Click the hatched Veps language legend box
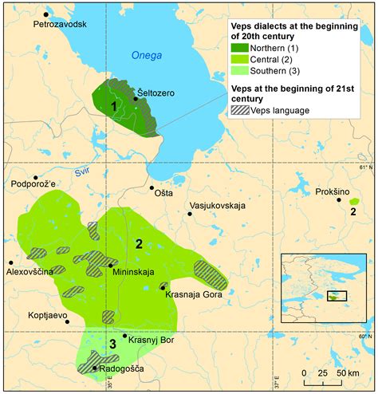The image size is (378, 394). (x=238, y=111)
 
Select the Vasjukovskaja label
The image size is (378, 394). (x=216, y=206)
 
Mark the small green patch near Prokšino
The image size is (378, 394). (x=354, y=202)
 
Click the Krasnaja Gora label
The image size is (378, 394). (x=191, y=294)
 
